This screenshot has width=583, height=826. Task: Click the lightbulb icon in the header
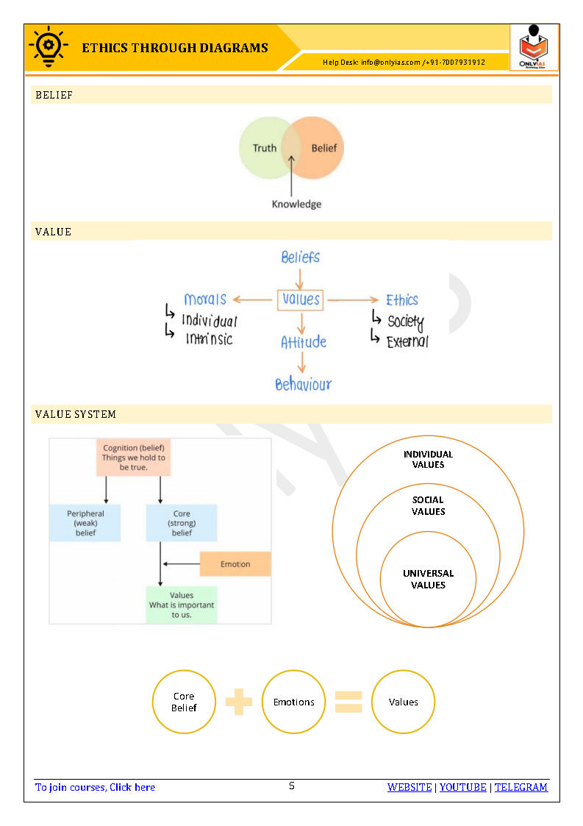46,47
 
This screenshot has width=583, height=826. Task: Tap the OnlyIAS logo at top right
534,48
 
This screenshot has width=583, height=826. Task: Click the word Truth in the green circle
265,148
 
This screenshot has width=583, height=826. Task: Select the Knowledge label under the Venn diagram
296,204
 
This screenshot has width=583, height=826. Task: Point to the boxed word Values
301,299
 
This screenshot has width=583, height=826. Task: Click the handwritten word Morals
205,299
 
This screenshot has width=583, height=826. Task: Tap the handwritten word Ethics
402,299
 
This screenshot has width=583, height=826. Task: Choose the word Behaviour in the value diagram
303,384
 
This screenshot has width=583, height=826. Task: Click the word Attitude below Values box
303,342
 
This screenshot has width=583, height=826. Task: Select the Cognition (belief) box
134,457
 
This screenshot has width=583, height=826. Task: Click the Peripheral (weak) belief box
85,523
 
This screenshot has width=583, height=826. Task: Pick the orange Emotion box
235,564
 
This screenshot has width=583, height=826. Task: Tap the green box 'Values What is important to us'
182,605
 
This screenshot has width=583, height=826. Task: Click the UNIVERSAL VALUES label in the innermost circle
428,579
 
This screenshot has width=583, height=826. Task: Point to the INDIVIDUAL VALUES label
428,459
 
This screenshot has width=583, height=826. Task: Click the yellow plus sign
239,702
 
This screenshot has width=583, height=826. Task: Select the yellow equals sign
348,702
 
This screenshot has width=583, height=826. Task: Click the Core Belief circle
184,702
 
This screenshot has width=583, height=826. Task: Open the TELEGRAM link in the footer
521,787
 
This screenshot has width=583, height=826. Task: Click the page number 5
292,786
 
